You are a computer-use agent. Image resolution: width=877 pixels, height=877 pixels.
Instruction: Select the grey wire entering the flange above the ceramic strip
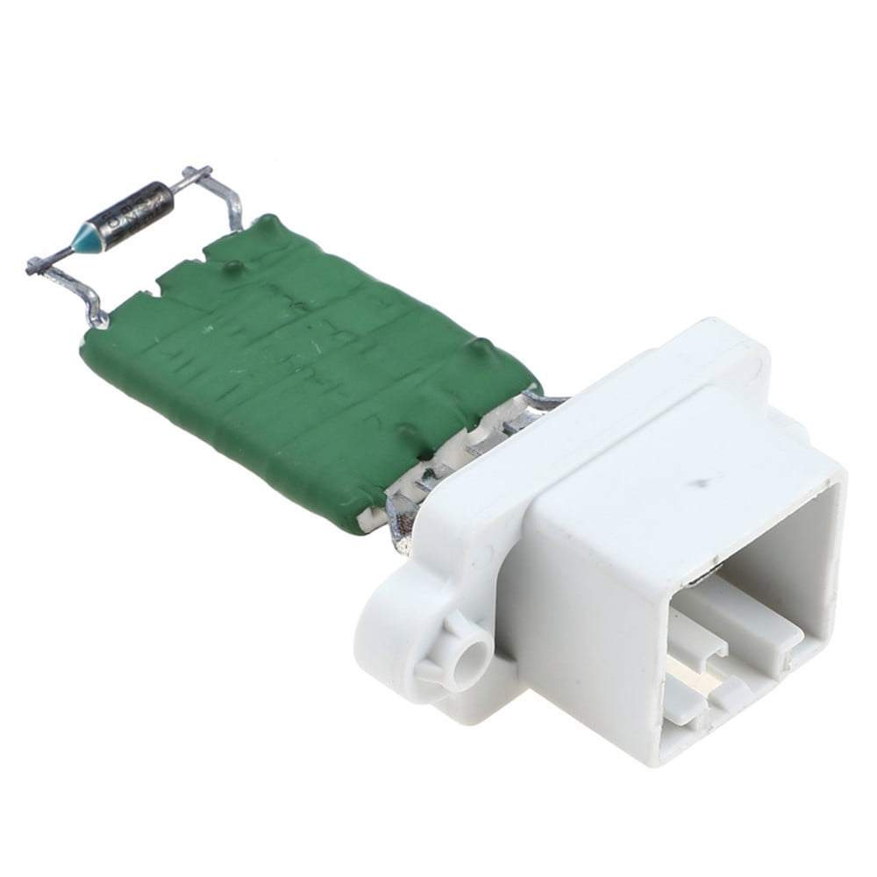(x=544, y=402)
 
